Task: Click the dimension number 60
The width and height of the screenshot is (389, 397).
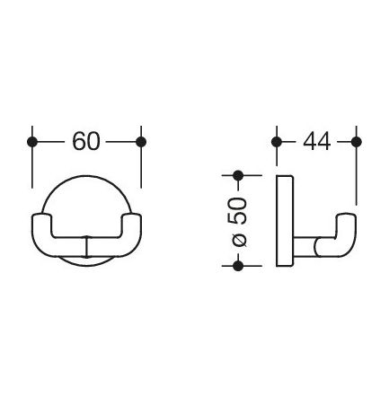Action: (86, 141)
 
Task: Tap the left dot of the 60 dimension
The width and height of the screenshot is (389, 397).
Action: (33, 142)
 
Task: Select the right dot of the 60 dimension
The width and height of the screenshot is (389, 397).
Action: (140, 142)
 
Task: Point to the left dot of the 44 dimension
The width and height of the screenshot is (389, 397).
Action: (276, 142)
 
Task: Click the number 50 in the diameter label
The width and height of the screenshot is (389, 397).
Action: (239, 214)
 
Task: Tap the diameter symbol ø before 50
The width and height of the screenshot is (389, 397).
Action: (239, 242)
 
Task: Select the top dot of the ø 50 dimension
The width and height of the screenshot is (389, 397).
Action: (239, 175)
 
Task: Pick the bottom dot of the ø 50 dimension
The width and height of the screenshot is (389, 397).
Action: (239, 265)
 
